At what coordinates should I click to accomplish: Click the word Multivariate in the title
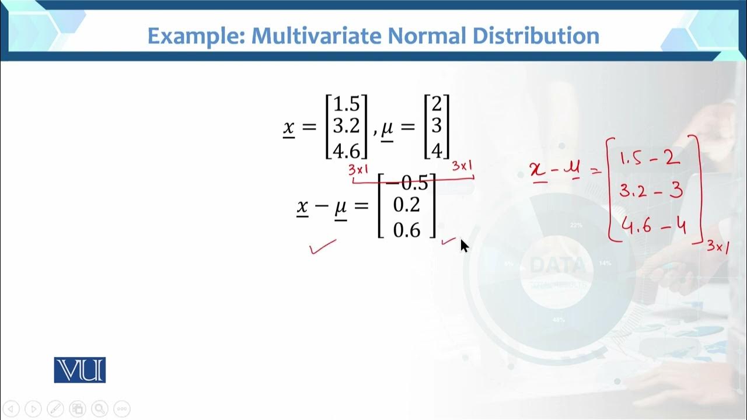tap(317, 36)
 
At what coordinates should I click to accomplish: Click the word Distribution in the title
tap(536, 36)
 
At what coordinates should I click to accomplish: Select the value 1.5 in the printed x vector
tap(346, 105)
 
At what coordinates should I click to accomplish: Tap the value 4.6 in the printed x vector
tap(346, 150)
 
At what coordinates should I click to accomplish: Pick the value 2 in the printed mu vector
tap(437, 105)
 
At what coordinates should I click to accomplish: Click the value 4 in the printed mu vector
tap(437, 150)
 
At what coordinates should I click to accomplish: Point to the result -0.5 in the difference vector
tap(407, 183)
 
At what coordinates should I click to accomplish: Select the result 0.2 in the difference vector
tap(407, 205)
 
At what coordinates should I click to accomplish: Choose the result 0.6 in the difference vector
tap(407, 230)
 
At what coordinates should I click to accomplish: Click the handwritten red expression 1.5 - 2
tap(650, 159)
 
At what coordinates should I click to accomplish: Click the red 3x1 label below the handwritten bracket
tap(718, 247)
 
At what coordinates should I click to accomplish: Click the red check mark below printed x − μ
tap(323, 247)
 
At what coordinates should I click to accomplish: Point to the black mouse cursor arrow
tap(465, 246)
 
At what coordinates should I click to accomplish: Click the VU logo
tap(80, 370)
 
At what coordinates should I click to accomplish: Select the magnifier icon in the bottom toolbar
tap(99, 408)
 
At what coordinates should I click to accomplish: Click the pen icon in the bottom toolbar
tap(55, 408)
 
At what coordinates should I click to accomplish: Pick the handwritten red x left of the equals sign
tap(537, 170)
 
